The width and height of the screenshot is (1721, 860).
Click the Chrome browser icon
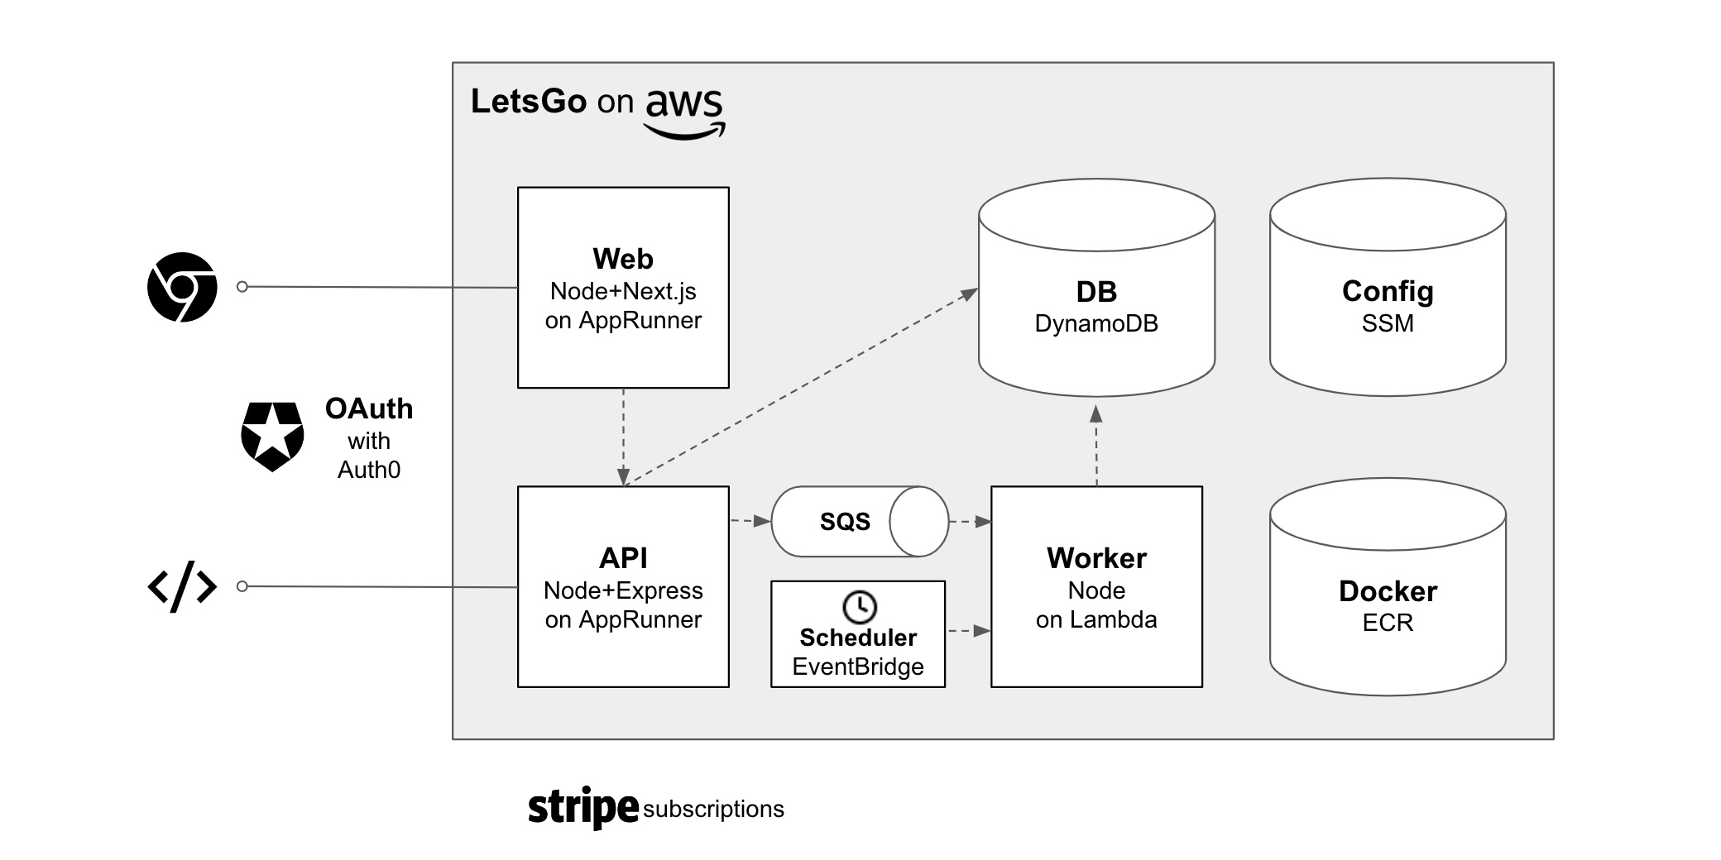(182, 287)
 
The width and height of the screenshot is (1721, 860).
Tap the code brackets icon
(182, 586)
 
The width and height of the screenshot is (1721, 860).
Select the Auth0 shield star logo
(272, 437)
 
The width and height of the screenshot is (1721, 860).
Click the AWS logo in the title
(684, 112)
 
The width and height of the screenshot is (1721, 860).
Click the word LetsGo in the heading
(529, 102)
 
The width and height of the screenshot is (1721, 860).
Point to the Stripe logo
(583, 807)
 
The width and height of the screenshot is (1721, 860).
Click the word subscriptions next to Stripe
(713, 809)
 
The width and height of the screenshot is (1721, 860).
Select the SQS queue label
(845, 522)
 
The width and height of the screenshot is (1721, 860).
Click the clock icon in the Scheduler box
(859, 606)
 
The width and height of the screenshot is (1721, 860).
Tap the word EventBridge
(858, 666)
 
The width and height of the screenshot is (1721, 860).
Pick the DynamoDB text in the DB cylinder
(1095, 323)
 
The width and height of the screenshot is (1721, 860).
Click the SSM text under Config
(1387, 323)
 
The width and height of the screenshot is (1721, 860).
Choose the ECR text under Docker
(1387, 623)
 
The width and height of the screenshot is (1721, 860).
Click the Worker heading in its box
(1096, 558)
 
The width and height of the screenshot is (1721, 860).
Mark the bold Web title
(622, 259)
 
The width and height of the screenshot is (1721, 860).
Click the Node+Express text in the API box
(622, 590)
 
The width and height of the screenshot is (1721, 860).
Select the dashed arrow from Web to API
(623, 437)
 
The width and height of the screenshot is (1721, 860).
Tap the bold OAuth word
(368, 408)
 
